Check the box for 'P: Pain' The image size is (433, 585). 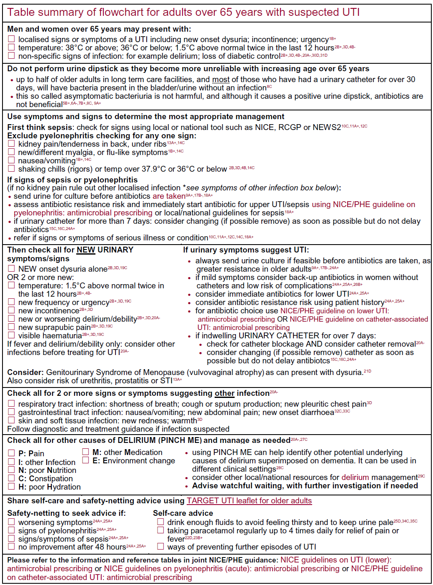coord(11,453)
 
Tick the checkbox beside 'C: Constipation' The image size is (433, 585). coord(11,478)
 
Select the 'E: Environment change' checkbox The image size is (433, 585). coord(85,460)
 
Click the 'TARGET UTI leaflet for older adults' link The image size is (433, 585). coord(249,501)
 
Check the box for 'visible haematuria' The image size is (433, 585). coord(11,335)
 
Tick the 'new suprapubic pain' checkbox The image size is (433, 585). coord(11,327)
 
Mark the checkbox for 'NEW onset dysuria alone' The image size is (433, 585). coord(11,269)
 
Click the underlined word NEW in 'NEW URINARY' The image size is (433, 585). coord(86,250)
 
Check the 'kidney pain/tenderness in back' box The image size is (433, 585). coord(11,144)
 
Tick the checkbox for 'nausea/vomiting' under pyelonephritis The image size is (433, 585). coord(11,160)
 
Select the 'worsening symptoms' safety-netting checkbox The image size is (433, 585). coord(11,522)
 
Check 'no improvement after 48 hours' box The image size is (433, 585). coord(11,546)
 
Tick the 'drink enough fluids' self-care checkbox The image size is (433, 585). coord(160,522)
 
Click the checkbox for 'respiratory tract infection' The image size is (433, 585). coord(11,404)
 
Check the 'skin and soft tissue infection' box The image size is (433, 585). coord(11,420)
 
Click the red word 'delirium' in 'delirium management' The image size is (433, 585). coord(355,477)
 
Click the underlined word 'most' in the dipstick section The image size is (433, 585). coord(221,80)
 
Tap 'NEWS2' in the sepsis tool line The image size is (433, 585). coord(326,127)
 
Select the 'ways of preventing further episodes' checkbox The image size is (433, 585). coord(160,546)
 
